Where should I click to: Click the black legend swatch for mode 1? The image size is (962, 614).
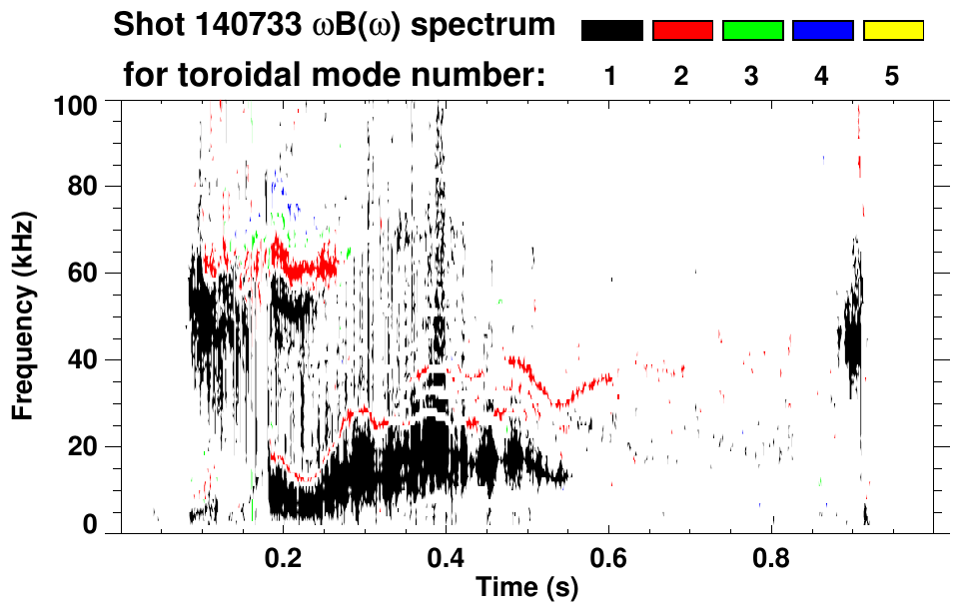coord(611,31)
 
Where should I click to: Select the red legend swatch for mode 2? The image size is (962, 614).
coord(682,31)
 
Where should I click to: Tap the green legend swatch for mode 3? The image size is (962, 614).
coord(752,31)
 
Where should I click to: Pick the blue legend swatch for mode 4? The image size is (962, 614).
coord(822,31)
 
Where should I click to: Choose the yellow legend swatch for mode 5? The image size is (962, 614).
coord(893,31)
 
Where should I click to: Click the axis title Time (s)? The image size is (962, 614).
coord(526,587)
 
